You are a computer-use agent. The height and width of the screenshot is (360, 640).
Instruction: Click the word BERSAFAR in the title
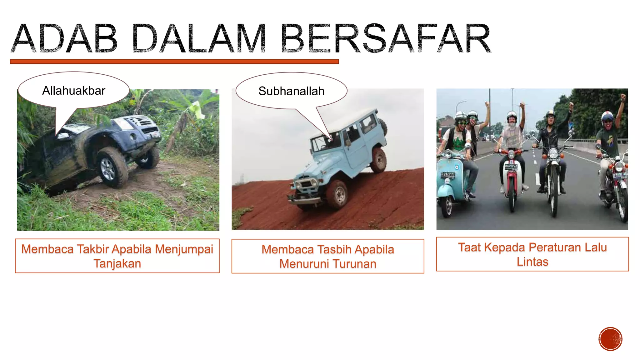386,39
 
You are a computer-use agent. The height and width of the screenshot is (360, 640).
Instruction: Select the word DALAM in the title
199,39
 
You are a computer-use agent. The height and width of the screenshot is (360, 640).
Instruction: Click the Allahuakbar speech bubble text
74,91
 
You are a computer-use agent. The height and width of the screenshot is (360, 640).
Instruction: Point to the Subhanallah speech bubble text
291,91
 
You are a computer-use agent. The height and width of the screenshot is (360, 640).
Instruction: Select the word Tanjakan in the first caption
117,263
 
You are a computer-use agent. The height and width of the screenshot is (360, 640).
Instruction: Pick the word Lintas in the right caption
532,262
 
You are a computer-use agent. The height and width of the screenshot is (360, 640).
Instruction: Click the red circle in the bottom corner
610,339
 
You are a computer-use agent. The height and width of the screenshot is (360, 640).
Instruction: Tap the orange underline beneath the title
174,62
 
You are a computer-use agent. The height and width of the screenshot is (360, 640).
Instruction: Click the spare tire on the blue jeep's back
383,127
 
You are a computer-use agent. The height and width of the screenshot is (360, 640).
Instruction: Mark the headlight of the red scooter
511,155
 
